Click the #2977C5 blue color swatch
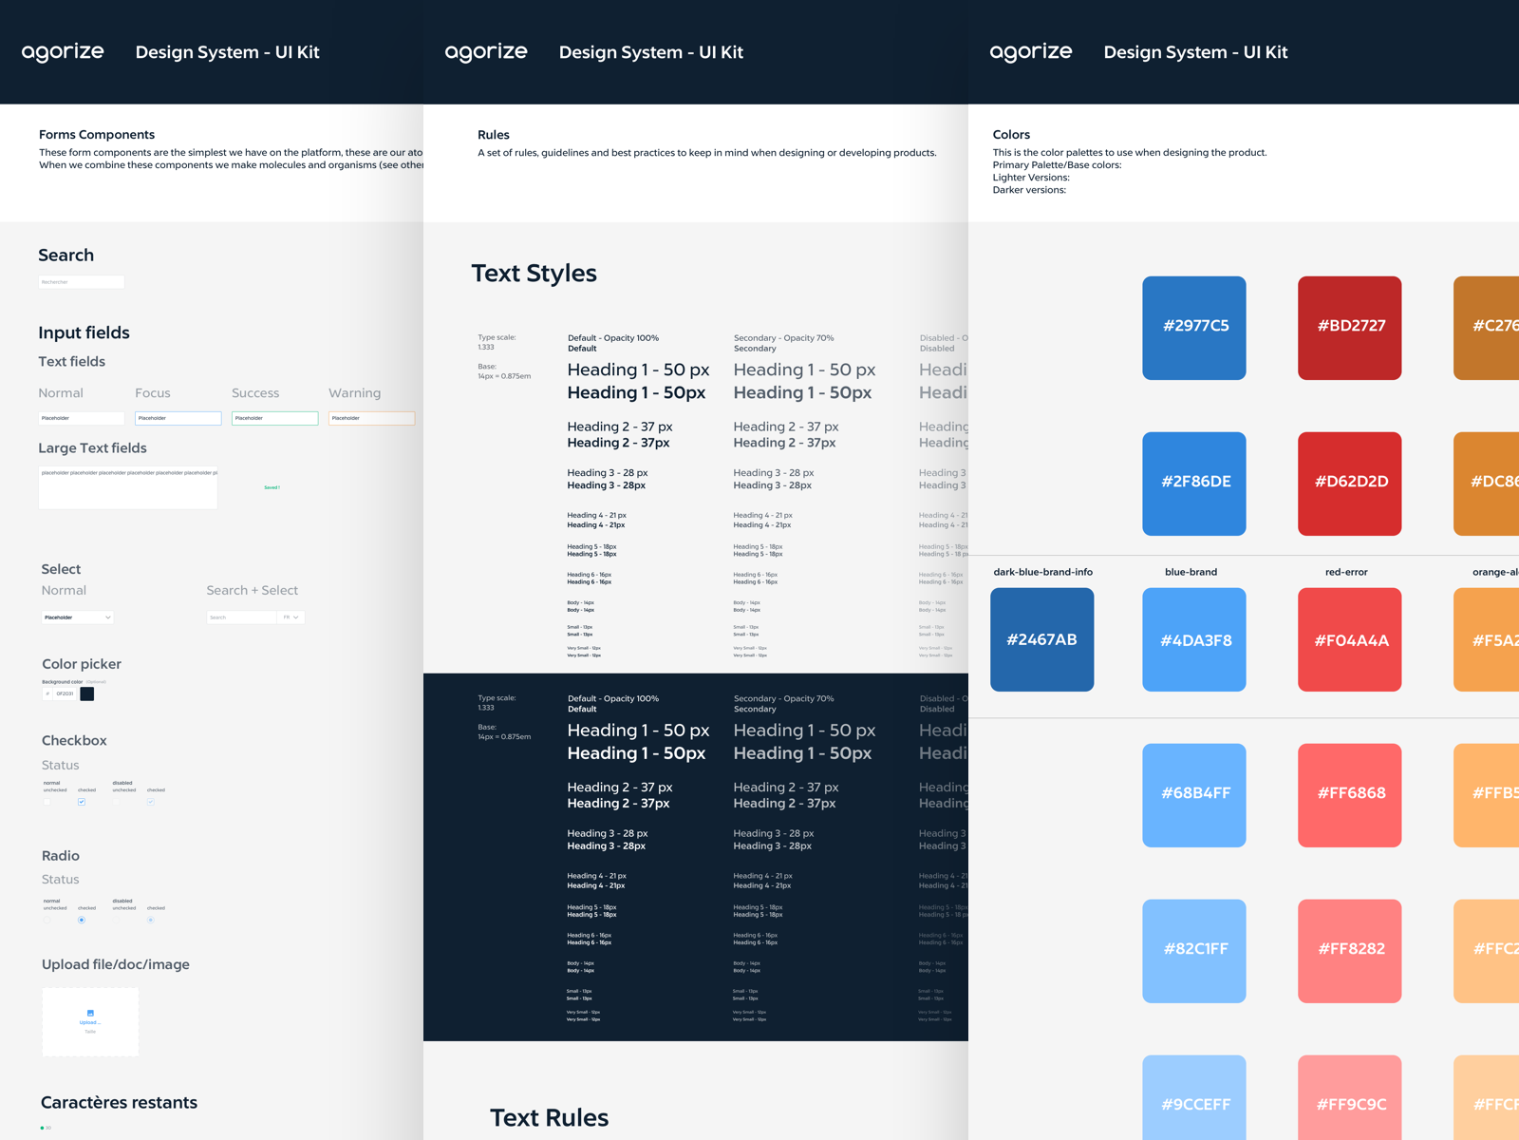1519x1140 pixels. pos(1193,328)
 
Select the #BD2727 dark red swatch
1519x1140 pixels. pos(1349,328)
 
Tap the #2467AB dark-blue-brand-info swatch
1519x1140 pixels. pos(1041,639)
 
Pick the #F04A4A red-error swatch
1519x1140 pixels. pos(1349,639)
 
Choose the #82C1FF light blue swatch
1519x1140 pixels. pos(1193,950)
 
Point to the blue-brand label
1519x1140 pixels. pos(1191,572)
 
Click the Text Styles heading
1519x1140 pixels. pos(534,274)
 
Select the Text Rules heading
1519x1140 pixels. pos(549,1118)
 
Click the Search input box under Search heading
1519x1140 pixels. pos(81,282)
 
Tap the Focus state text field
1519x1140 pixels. pos(178,418)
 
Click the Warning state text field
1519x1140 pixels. pos(371,418)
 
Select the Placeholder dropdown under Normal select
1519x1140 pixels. pos(77,617)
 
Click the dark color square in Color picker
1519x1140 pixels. pos(87,693)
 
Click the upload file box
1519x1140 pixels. pos(90,1021)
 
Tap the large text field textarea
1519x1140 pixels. pos(127,487)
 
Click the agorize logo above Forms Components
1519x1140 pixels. pos(63,52)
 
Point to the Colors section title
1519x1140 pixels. pos(1011,135)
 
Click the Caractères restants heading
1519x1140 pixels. pos(119,1103)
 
